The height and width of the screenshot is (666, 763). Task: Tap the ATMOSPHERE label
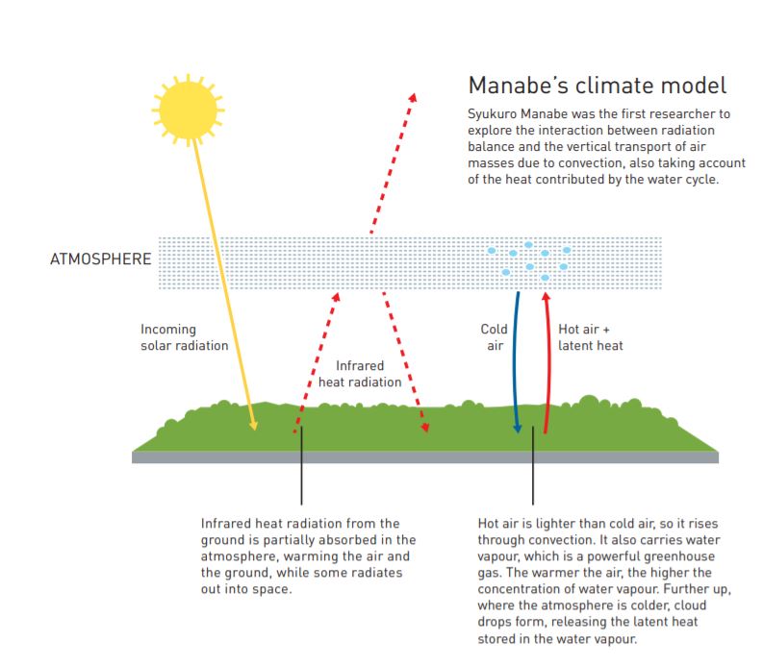click(100, 259)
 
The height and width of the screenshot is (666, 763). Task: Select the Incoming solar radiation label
click(184, 337)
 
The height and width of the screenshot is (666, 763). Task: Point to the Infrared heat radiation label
click(360, 374)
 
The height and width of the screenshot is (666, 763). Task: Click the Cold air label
click(494, 337)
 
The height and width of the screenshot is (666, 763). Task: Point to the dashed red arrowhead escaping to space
click(412, 99)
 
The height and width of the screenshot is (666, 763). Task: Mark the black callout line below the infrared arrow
click(301, 471)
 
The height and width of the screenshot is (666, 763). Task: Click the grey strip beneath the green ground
click(424, 457)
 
